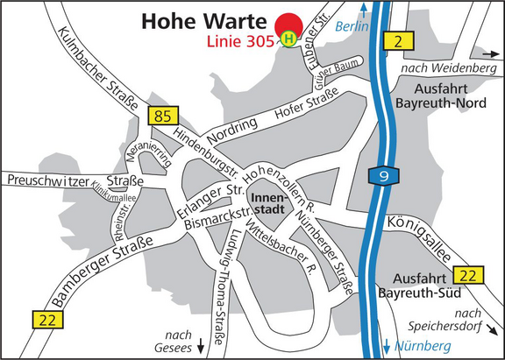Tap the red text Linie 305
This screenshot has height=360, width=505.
pos(239,42)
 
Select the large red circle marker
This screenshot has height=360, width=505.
pos(287,27)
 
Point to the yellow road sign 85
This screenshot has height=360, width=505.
pos(164,114)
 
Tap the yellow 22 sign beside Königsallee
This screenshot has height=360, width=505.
pos(471,274)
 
